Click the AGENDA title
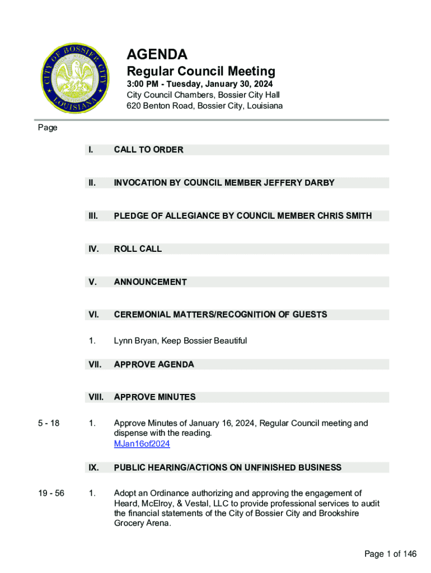pos(157,55)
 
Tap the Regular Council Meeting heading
pos(201,72)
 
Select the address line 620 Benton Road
pos(204,106)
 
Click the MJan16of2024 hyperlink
pos(142,444)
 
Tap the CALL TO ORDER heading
pos(148,150)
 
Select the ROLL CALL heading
pos(138,249)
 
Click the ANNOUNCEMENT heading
pos(150,282)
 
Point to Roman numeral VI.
pos(93,315)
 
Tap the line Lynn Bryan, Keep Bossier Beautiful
pos(180,341)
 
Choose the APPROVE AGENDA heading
pos(154,365)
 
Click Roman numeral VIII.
pos(96,397)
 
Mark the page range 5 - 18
pos(48,424)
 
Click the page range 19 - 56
pos(50,494)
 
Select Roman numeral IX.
pos(93,468)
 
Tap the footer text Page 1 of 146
pos(390,554)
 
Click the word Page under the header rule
pos(48,128)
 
